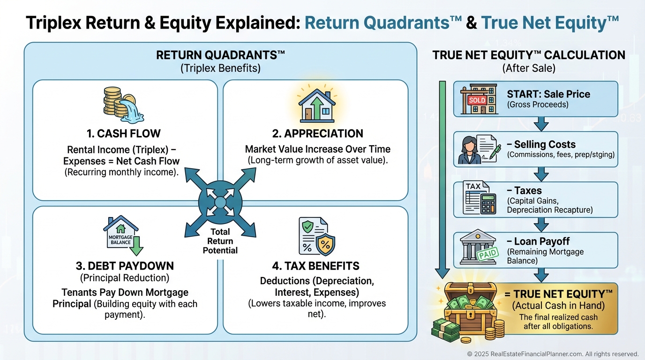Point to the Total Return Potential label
[220, 241]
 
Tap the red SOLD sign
[477, 100]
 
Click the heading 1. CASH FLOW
[123, 134]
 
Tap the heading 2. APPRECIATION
[317, 134]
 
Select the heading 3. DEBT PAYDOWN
[125, 266]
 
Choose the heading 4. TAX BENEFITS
[315, 266]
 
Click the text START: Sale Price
[548, 94]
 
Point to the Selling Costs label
[541, 144]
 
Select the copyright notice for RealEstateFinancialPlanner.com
[553, 354]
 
